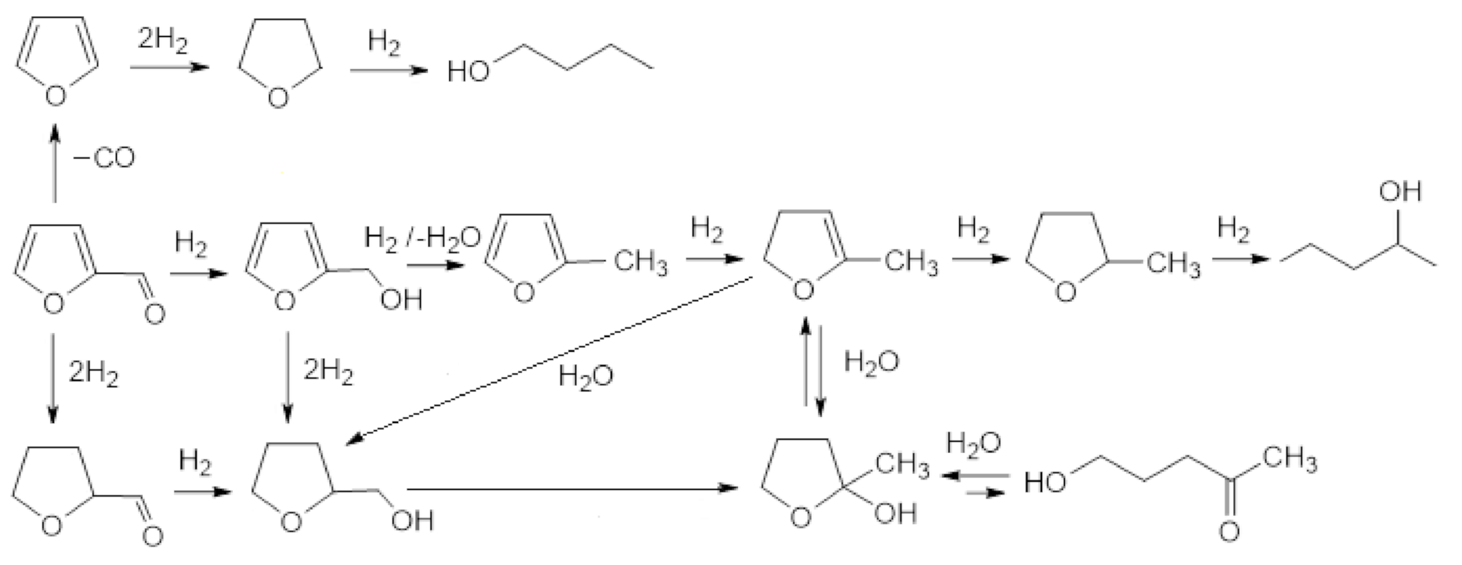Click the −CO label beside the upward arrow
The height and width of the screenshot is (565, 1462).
104,158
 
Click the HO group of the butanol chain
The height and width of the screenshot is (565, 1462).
468,73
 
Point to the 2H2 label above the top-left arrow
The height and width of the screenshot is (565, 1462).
163,40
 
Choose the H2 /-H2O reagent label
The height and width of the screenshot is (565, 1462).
422,236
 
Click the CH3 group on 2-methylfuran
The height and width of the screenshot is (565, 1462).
640,262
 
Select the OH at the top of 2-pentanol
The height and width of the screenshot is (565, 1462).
1399,191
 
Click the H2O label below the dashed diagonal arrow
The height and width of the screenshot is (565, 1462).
585,377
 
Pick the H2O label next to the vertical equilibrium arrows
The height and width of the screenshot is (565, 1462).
871,361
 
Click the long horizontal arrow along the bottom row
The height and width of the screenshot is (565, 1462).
572,488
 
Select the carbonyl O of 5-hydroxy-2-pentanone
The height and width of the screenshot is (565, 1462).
1229,532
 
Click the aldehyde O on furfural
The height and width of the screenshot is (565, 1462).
155,314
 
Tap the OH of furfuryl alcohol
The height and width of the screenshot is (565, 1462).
400,300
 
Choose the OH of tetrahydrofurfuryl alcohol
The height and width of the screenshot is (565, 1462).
411,520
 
